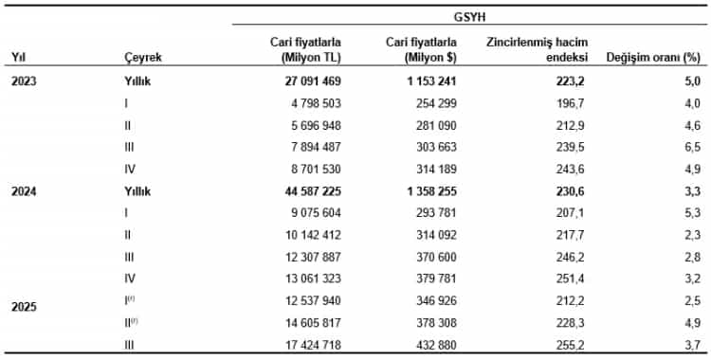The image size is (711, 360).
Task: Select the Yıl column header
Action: tap(18, 58)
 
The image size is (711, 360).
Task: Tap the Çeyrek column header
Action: tap(143, 58)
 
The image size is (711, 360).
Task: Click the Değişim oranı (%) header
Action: tap(652, 58)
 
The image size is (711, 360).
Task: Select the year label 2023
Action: tap(26, 81)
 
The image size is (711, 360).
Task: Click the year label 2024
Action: tap(26, 190)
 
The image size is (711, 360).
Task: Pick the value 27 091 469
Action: tap(305, 81)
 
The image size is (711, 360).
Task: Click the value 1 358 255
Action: tap(423, 190)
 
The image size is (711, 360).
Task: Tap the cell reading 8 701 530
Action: tap(309, 169)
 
